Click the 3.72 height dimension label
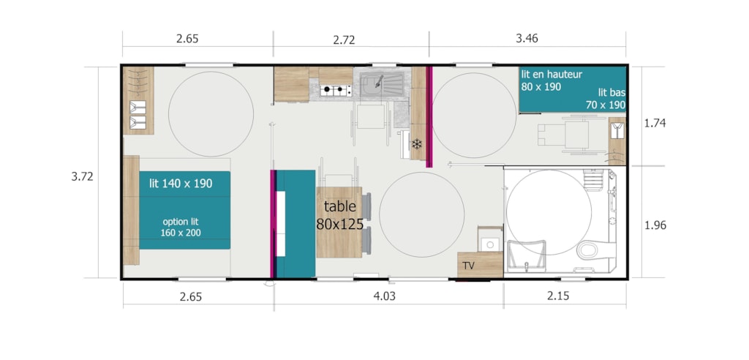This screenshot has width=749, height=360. pyautogui.click(x=82, y=176)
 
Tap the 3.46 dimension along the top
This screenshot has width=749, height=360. pyautogui.click(x=527, y=38)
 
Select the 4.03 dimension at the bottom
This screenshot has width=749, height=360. pyautogui.click(x=384, y=296)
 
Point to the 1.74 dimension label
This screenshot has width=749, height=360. pyautogui.click(x=655, y=123)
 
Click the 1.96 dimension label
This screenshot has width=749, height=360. pyautogui.click(x=655, y=225)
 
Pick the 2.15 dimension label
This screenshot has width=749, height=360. pyautogui.click(x=558, y=296)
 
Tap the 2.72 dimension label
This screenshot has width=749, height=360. pyautogui.click(x=344, y=40)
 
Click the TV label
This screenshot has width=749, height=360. pyautogui.click(x=468, y=266)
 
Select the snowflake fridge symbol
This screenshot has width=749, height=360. pyautogui.click(x=417, y=143)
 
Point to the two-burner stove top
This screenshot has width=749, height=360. pyautogui.click(x=335, y=89)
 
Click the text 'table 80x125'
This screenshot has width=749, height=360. pyautogui.click(x=339, y=215)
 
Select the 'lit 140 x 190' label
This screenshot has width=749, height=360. pyautogui.click(x=181, y=183)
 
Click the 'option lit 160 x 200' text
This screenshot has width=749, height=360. pyautogui.click(x=181, y=227)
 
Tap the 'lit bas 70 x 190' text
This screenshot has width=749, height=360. pyautogui.click(x=605, y=99)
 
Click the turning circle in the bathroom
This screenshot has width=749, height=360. pyautogui.click(x=549, y=211)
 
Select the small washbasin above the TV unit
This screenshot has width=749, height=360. pyautogui.click(x=490, y=244)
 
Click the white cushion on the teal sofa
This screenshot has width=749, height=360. pyautogui.click(x=281, y=223)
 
